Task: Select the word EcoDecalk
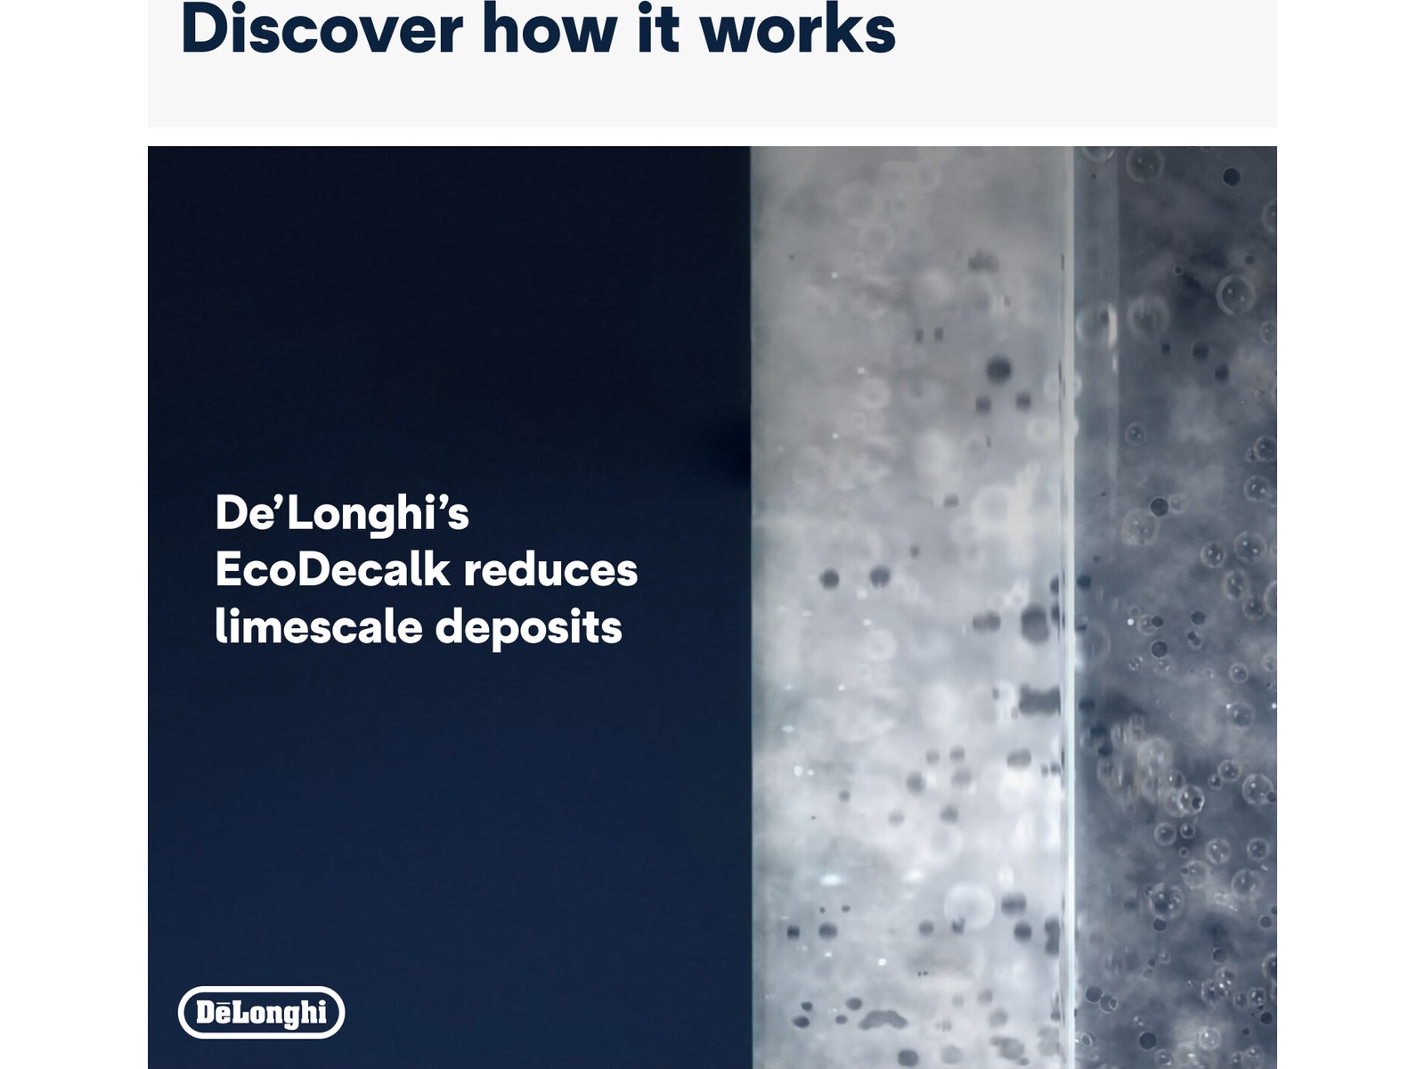[332, 570]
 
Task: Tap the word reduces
[550, 571]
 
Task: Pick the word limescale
[318, 627]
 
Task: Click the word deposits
[528, 628]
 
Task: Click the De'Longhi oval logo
[261, 1013]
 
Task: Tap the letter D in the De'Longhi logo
[205, 1013]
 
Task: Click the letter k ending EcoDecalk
[438, 569]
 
